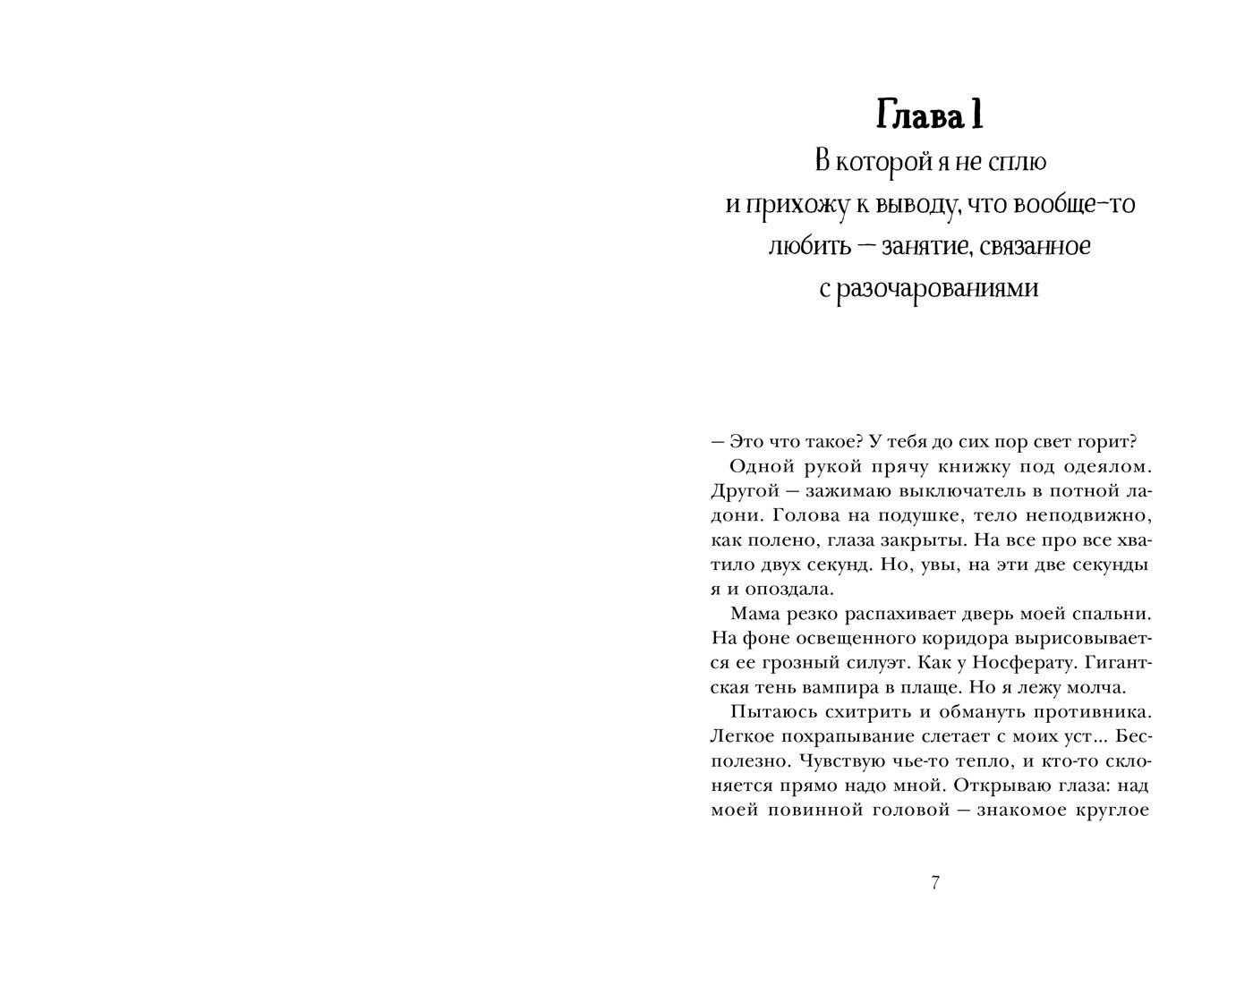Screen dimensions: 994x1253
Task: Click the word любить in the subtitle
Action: pyautogui.click(x=802, y=246)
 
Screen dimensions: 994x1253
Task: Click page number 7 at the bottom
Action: pyautogui.click(x=935, y=883)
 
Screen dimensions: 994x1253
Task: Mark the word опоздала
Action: pyautogui.click(x=779, y=590)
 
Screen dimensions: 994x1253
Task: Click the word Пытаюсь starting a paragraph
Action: pyautogui.click(x=769, y=713)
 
